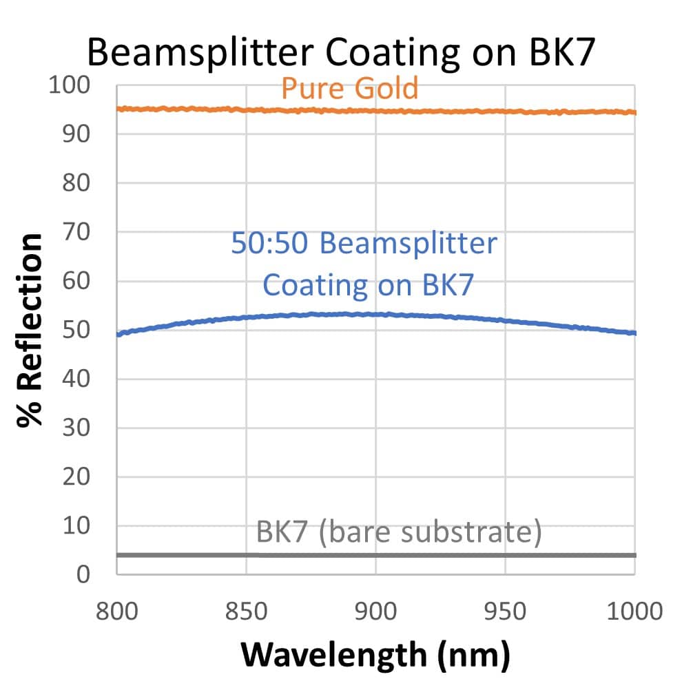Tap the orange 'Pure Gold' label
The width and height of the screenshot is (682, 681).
click(350, 88)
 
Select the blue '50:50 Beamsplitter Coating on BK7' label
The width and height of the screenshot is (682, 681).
click(364, 264)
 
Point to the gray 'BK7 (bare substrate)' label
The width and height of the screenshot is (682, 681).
click(399, 532)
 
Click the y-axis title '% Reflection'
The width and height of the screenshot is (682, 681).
click(31, 331)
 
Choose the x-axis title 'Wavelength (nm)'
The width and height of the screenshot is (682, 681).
click(375, 654)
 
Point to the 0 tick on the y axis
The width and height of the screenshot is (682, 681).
click(83, 574)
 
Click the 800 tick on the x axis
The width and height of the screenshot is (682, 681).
click(117, 610)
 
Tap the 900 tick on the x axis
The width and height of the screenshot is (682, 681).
click(376, 610)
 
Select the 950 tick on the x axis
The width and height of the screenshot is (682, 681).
click(506, 610)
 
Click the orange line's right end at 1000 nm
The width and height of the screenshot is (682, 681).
click(634, 112)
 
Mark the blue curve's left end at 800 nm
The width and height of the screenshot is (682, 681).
click(118, 334)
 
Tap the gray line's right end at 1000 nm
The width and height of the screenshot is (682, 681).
click(634, 555)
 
